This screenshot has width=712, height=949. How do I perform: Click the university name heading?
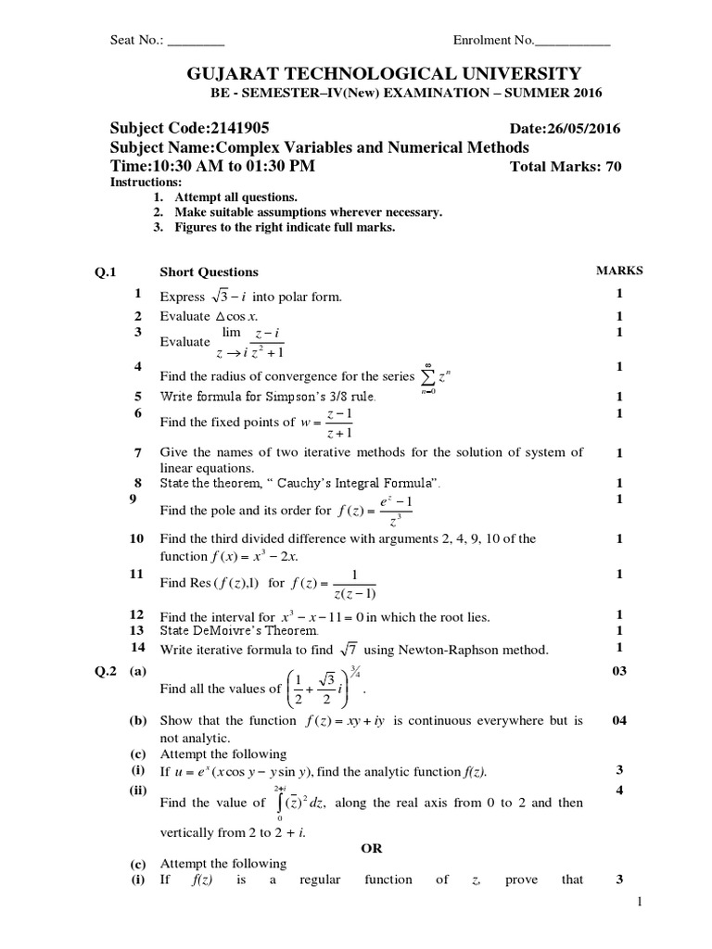(371, 73)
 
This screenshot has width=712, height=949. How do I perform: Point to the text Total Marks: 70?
(566, 167)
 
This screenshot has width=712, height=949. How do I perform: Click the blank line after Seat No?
(196, 41)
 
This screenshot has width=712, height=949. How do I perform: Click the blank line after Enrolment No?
(573, 41)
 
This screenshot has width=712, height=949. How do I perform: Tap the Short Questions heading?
(209, 272)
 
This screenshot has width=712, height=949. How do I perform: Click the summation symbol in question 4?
(428, 375)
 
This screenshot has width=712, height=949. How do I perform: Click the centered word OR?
(370, 848)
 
